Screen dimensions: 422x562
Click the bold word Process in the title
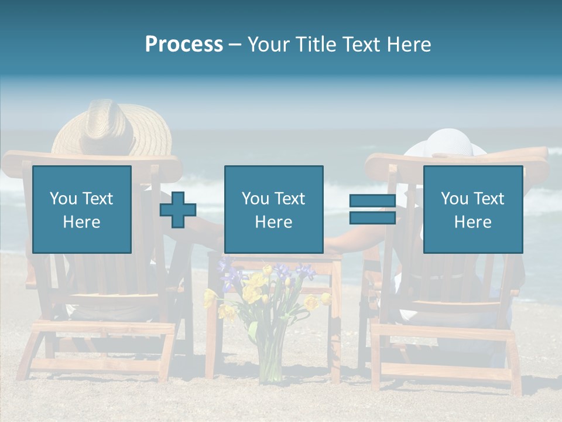[184, 45]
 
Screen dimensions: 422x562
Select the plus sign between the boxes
[178, 210]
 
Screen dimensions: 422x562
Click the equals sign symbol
[372, 210]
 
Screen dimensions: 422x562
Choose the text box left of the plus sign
[82, 210]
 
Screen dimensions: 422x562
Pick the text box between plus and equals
[273, 210]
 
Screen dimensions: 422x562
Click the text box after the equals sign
[472, 210]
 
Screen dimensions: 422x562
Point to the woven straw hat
[111, 126]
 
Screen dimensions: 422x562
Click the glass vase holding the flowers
[270, 358]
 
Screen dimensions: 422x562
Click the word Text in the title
[361, 45]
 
